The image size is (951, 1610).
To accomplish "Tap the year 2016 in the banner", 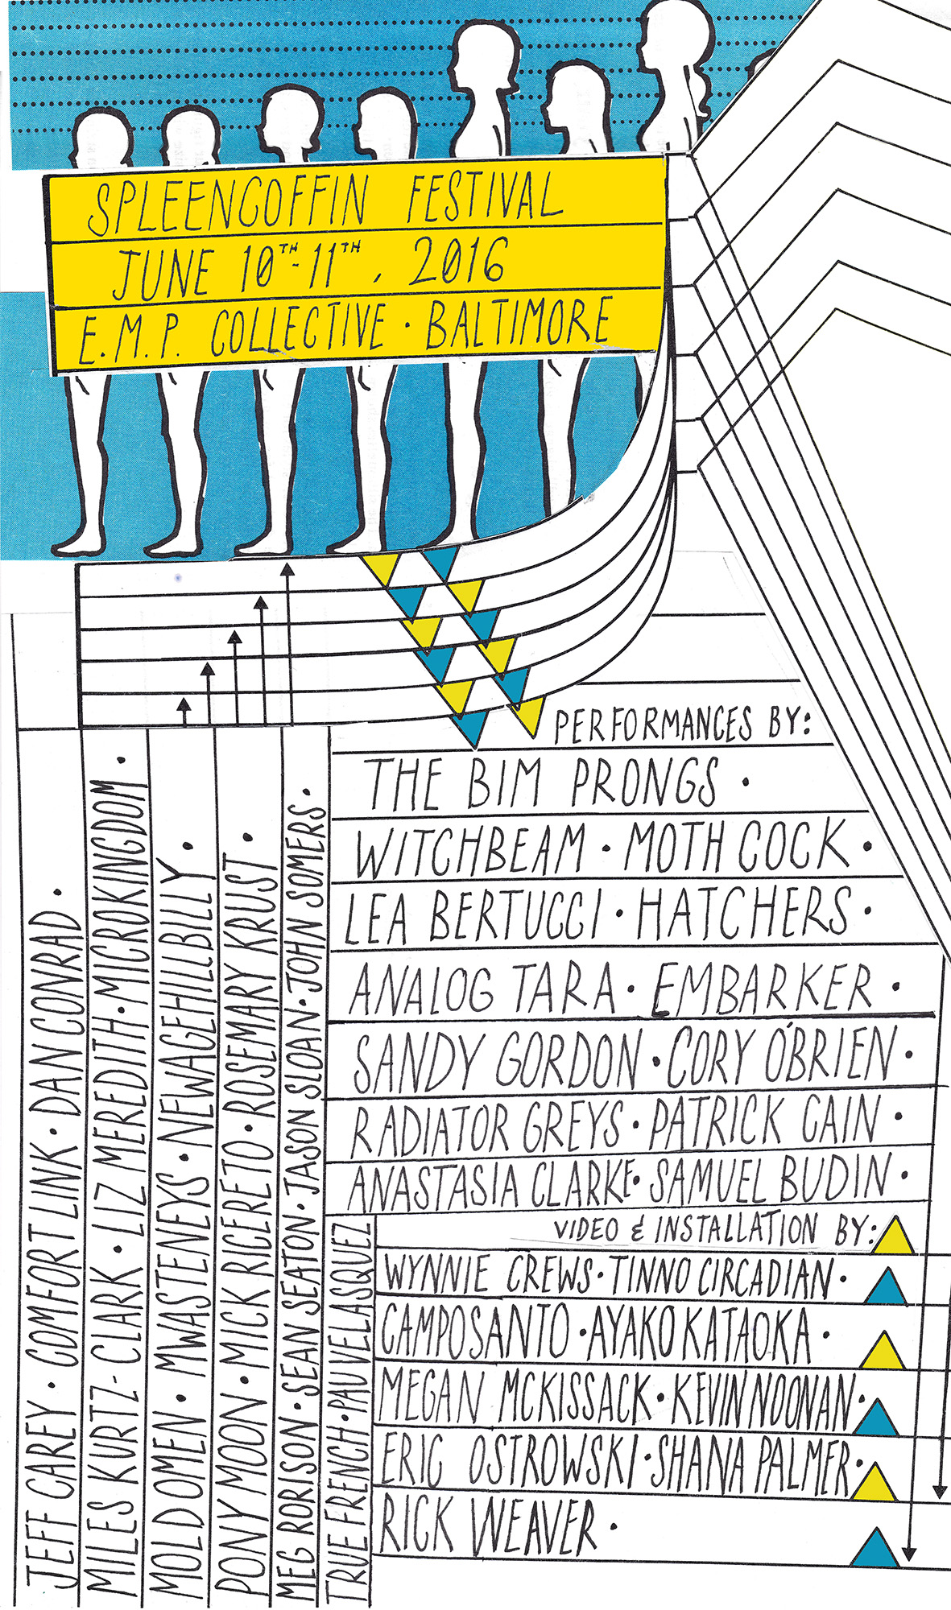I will [x=457, y=262].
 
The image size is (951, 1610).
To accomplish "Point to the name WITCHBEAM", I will [x=470, y=850].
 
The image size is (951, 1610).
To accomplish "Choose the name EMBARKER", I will [x=761, y=988].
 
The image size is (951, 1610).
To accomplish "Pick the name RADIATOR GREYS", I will [x=487, y=1123].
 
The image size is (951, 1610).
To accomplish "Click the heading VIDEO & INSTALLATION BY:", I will [x=713, y=1230].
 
